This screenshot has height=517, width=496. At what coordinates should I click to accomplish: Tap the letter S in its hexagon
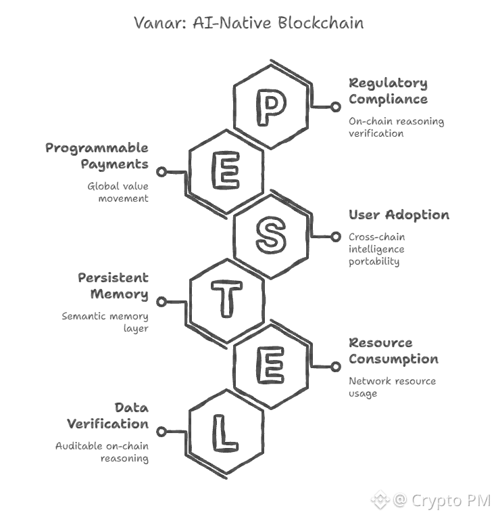[270, 235]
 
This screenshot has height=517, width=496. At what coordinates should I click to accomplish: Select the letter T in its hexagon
[227, 301]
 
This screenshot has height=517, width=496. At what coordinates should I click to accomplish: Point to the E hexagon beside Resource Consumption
[270, 366]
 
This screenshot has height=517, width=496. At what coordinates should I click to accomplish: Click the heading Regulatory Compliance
[388, 91]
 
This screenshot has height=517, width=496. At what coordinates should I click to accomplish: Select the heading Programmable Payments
[97, 156]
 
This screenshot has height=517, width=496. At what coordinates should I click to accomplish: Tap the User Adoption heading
[399, 215]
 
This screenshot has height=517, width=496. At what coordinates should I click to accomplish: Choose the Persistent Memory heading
[113, 286]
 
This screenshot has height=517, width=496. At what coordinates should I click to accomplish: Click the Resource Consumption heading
[393, 351]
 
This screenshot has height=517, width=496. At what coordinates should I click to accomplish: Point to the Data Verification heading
[107, 415]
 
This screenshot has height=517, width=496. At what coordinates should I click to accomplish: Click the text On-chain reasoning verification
[396, 127]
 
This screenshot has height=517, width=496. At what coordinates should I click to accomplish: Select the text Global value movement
[118, 192]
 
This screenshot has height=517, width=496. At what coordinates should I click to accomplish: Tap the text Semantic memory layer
[105, 322]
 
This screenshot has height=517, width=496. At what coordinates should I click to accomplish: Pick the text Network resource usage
[392, 387]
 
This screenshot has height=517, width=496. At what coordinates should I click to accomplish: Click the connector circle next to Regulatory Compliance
[336, 107]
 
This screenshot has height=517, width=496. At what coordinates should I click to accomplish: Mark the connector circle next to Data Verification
[162, 432]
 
